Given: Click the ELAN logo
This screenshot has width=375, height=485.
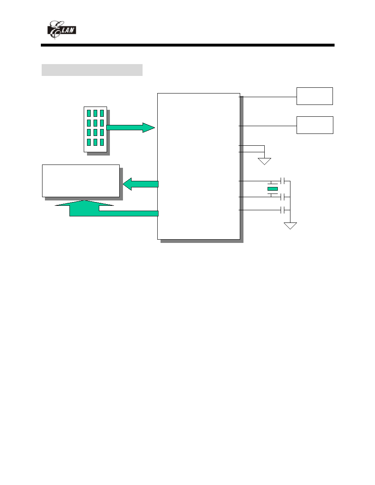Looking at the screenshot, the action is point(61,30).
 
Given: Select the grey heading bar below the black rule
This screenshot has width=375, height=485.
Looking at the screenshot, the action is point(92,70).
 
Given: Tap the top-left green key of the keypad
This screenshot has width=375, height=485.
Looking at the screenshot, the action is point(89,113).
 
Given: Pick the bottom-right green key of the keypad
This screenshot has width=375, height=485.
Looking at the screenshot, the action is point(102,142).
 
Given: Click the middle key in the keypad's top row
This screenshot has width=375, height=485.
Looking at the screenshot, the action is point(95,113).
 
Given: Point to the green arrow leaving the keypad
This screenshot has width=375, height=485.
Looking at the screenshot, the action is point(131,127).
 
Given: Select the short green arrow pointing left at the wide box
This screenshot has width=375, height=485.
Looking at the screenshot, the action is point(141,184).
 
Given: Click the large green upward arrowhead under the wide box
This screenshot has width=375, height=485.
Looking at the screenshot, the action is point(85,203).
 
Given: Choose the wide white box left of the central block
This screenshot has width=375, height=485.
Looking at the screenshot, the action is point(81,180).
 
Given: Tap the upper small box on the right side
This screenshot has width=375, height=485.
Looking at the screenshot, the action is point(315,96).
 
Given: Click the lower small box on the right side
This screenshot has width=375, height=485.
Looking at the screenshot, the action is point(315,125).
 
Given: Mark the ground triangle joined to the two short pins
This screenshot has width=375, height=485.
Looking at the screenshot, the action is point(265,161).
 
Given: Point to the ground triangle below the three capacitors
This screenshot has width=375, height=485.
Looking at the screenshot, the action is point(290,226).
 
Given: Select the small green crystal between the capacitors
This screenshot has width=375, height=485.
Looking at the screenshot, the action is point(272,189).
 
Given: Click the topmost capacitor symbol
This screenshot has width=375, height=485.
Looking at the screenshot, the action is point(282,181).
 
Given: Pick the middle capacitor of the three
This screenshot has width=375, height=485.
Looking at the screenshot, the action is point(282,197).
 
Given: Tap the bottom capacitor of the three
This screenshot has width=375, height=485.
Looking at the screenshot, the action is point(282,210).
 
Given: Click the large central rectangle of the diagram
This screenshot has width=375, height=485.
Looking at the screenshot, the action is point(199,166).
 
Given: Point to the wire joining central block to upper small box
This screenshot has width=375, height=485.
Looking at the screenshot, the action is point(268,97).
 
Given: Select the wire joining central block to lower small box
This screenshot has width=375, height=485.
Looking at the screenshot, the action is point(268,126).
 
